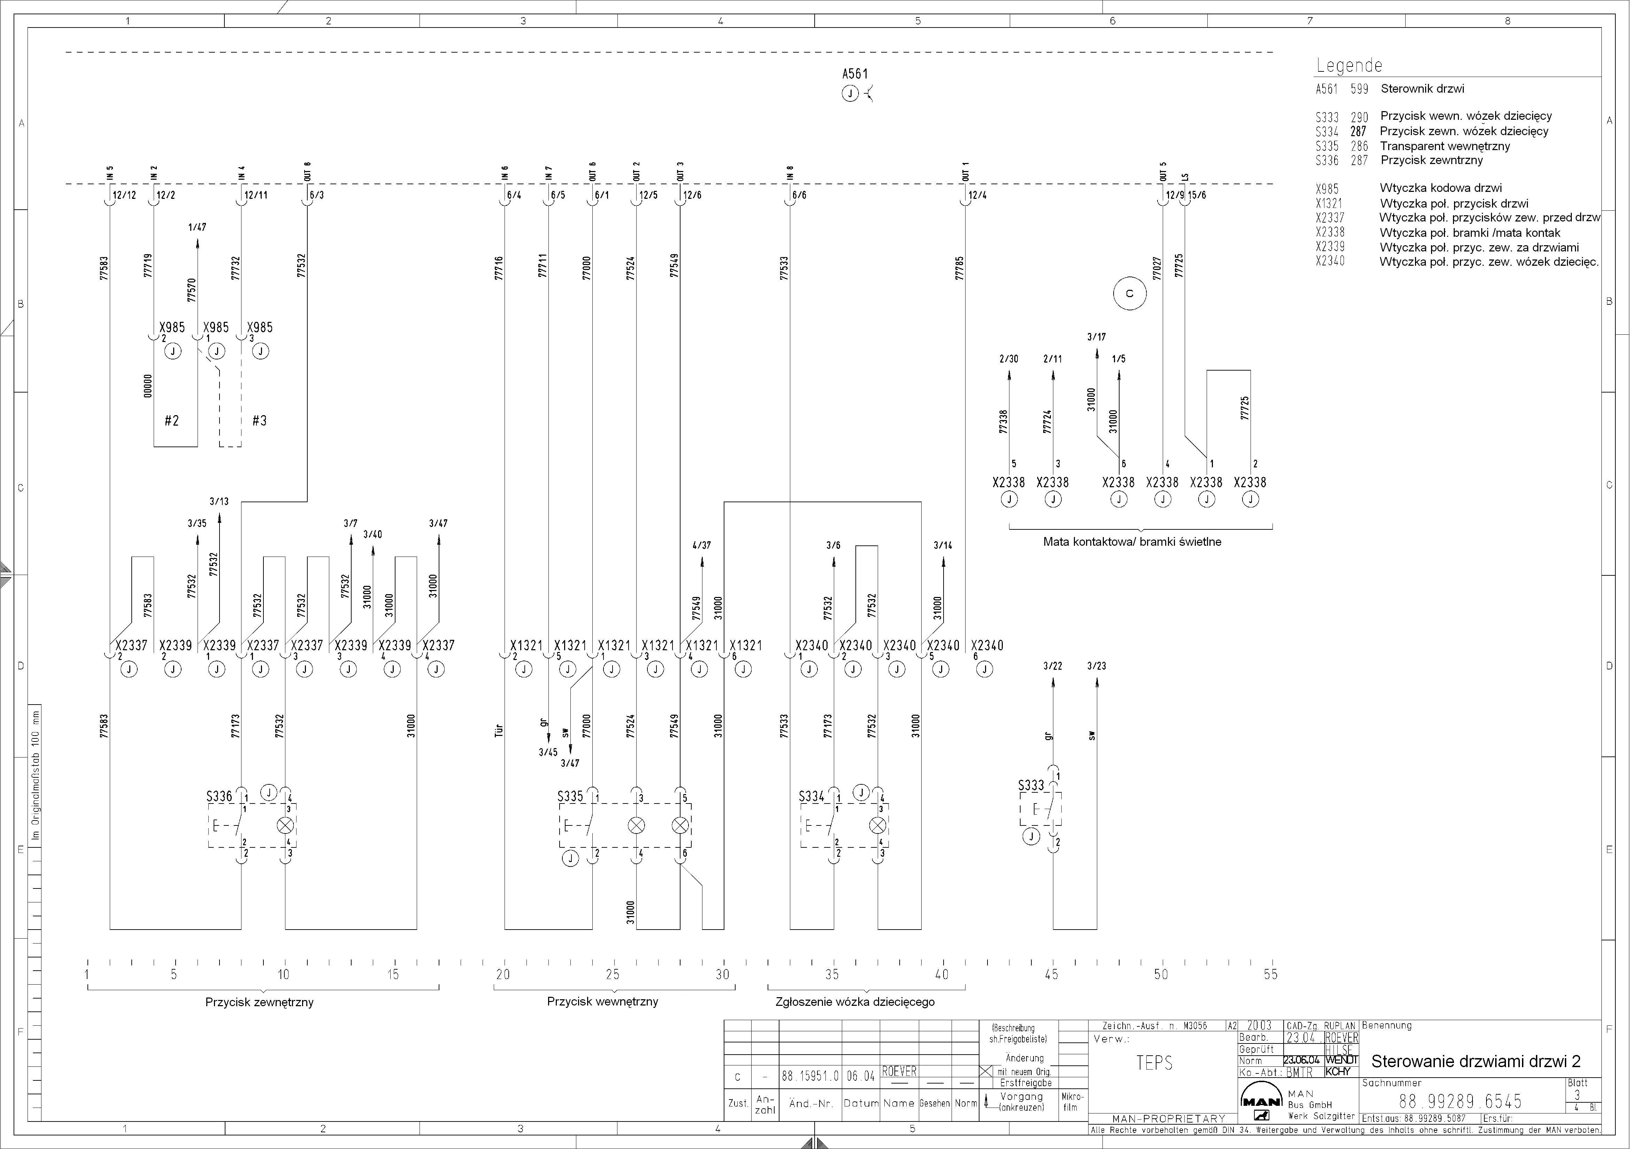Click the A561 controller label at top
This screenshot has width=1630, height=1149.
(855, 74)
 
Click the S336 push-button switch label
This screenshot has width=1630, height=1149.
(220, 796)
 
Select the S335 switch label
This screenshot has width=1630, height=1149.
(570, 796)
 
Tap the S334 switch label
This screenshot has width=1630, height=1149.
(812, 796)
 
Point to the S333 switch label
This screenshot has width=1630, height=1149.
(1031, 786)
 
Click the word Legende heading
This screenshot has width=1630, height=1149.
(1349, 65)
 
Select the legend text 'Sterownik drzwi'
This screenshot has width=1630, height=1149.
(1422, 89)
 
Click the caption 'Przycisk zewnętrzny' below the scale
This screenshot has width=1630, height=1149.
(259, 1002)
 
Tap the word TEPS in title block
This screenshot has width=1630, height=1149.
(1154, 1062)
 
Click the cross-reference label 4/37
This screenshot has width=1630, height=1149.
(701, 545)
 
